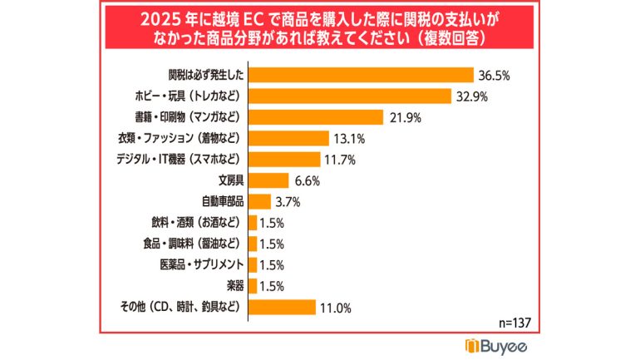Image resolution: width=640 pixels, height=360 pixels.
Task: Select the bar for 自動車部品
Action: click(x=259, y=201)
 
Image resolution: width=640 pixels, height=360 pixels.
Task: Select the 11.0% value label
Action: click(x=334, y=308)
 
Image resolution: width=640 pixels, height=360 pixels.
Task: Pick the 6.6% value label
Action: click(x=305, y=180)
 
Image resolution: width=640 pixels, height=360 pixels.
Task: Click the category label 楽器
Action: click(x=234, y=286)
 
